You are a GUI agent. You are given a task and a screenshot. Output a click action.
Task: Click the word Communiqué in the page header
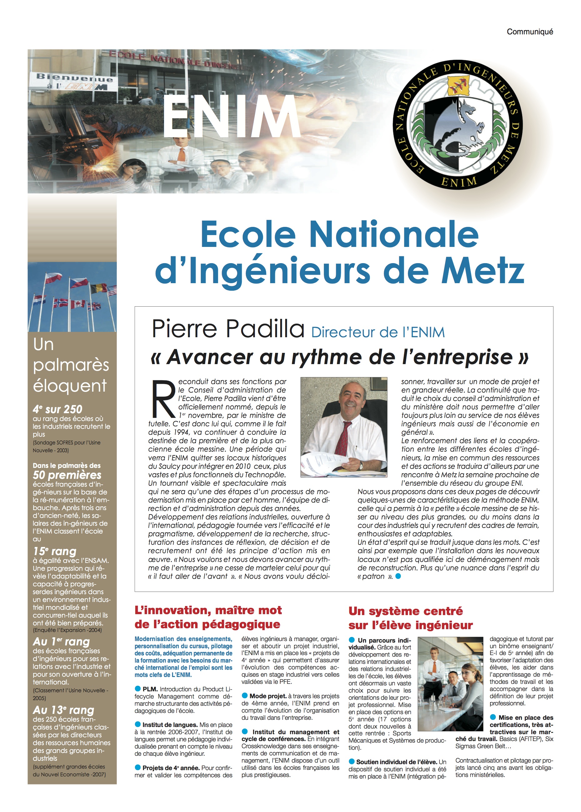click(x=529, y=32)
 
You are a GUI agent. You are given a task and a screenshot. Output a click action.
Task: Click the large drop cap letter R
click(x=163, y=399)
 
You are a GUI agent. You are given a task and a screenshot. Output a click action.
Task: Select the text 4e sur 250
click(x=57, y=409)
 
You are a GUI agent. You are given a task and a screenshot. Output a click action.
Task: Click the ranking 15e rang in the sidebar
click(x=54, y=551)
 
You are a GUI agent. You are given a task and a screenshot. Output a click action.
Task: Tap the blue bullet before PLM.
click(x=138, y=689)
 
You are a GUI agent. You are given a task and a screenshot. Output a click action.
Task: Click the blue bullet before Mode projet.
click(x=245, y=695)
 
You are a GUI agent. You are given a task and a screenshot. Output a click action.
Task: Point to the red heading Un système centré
click(x=405, y=611)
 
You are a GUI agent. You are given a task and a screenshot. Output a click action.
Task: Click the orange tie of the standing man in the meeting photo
click(x=434, y=667)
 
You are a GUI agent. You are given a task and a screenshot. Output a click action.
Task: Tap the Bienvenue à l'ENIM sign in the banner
click(x=74, y=81)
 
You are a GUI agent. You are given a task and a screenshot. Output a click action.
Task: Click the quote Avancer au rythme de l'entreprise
click(x=340, y=357)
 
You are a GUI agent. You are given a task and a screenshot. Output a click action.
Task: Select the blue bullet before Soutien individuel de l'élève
click(x=352, y=762)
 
